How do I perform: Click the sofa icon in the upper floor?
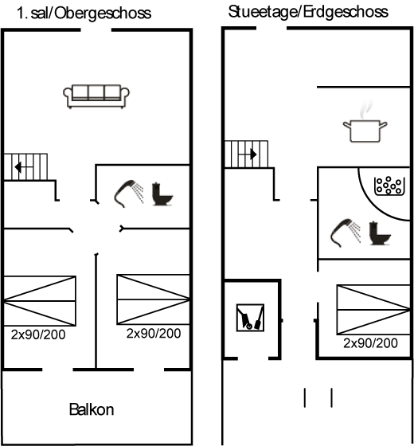tap(96, 96)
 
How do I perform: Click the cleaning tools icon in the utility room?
tap(250, 318)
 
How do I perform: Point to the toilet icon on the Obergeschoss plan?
tap(162, 194)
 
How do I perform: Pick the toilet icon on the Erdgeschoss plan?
tap(380, 233)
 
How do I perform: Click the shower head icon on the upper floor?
tap(129, 194)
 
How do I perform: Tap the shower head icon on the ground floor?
tap(346, 233)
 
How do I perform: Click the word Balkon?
tap(92, 409)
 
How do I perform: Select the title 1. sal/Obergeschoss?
tap(84, 14)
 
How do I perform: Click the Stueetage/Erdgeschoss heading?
tap(308, 12)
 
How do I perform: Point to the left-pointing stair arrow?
tap(24, 167)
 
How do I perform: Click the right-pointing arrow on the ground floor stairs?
tap(248, 155)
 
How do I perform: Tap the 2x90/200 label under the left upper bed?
tap(38, 334)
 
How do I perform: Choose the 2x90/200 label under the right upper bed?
tap(154, 334)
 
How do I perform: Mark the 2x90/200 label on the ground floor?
tap(370, 343)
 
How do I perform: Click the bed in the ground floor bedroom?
tap(373, 310)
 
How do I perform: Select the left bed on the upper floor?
tap(40, 301)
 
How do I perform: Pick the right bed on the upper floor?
tap(153, 299)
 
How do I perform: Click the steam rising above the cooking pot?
tap(366, 110)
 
